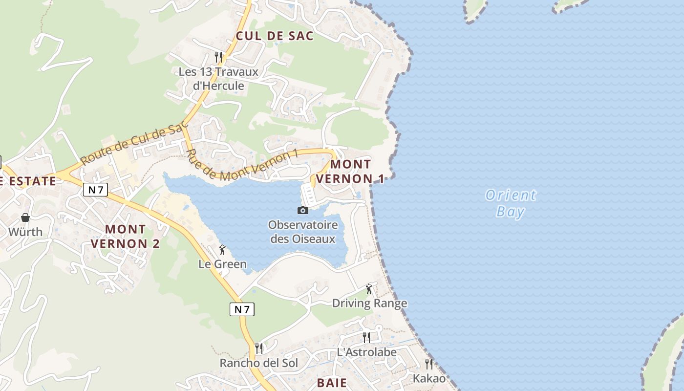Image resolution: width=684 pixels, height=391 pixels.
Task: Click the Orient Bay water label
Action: point(511,203)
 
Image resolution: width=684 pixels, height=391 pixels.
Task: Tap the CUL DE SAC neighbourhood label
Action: point(274,36)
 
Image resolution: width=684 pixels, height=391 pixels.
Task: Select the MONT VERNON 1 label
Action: point(350,172)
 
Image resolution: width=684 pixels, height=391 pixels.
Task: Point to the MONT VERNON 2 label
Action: point(125,236)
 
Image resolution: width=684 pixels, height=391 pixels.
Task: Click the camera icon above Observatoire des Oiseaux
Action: point(303,210)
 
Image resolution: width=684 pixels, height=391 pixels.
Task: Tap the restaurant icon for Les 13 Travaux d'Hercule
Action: point(218,57)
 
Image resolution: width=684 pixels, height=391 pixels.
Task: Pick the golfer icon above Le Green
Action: point(222,250)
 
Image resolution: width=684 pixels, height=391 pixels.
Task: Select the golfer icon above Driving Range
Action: point(369,289)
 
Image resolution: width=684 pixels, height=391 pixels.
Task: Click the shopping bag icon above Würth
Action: point(25,217)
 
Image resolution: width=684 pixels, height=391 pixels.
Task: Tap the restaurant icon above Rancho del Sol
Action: point(258,348)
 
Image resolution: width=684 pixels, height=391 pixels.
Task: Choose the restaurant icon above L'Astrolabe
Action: point(366,337)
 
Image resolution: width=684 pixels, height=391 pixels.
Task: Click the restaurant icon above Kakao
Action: point(429,364)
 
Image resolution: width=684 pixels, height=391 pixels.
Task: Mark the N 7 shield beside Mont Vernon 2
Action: point(95,190)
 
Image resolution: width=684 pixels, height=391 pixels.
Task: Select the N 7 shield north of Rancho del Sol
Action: point(242,309)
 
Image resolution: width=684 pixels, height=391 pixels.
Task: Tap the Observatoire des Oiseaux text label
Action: point(303,232)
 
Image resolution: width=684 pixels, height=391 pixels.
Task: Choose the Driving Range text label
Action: point(369,303)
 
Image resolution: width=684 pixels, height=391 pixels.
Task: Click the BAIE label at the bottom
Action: point(332,383)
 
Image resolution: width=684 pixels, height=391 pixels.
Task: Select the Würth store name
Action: point(25,232)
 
